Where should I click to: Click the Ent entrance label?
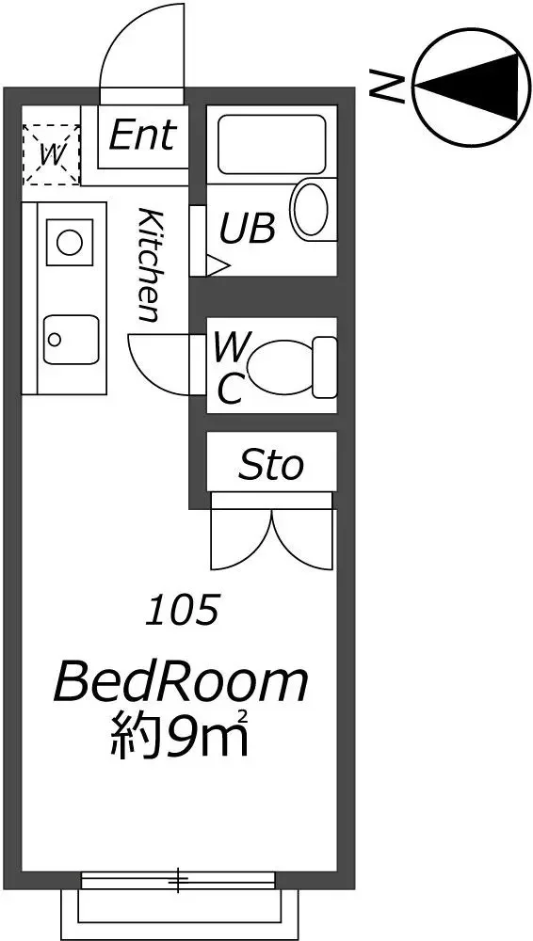coord(143,135)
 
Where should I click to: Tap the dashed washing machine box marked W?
coord(51,154)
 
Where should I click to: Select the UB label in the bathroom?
coord(248,228)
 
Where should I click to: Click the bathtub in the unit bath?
coord(271,145)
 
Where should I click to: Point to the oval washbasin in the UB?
coord(311,208)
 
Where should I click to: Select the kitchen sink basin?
coord(71,339)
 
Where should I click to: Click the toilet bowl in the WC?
coord(279,366)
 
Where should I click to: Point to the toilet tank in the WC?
coord(325,367)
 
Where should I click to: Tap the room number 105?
coord(183,611)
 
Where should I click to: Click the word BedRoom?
coord(181,682)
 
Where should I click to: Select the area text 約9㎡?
coord(180,732)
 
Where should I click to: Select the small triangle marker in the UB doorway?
coord(218,264)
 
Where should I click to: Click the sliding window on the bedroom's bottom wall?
coord(178,881)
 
